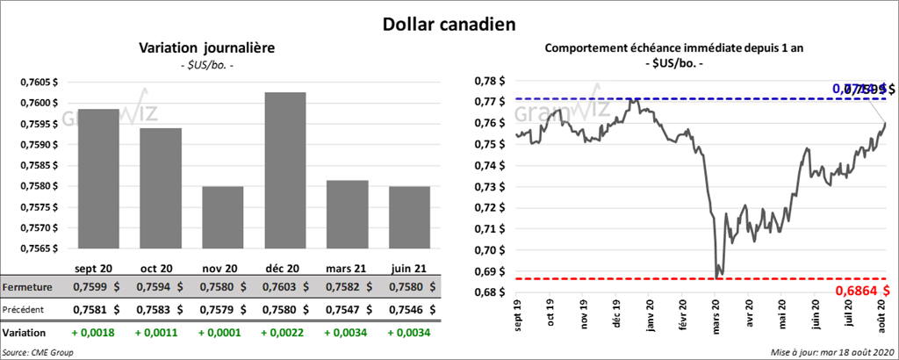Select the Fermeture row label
(x=27, y=287)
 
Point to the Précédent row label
(x=26, y=309)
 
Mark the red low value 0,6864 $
(x=859, y=291)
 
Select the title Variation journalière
(x=206, y=47)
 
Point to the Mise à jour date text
(x=836, y=351)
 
